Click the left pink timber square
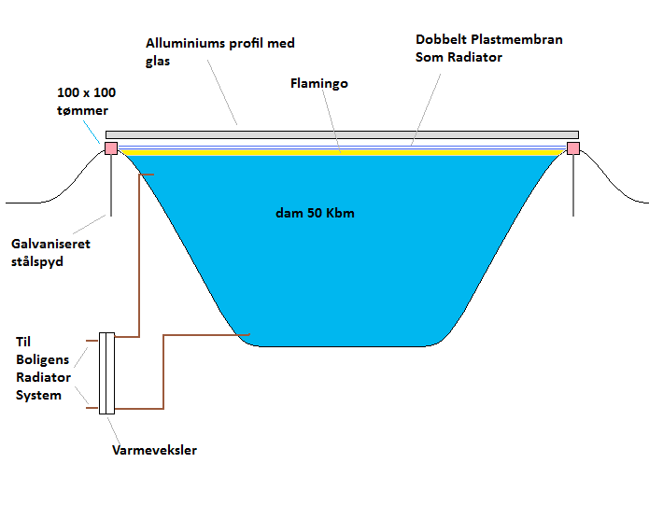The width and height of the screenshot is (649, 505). [x=111, y=148]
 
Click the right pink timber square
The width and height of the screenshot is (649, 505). [x=573, y=148]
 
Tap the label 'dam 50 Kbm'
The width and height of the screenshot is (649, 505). [x=314, y=213]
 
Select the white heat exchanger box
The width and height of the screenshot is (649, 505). [x=106, y=373]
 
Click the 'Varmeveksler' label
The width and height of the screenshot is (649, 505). [x=153, y=451]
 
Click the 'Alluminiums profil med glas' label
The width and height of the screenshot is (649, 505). [x=219, y=52]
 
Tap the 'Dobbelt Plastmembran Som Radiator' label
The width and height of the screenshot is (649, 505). [x=489, y=49]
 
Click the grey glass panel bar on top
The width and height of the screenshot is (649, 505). [x=342, y=135]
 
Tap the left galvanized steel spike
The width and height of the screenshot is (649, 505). [x=111, y=187]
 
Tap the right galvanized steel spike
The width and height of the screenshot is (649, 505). [x=573, y=187]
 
